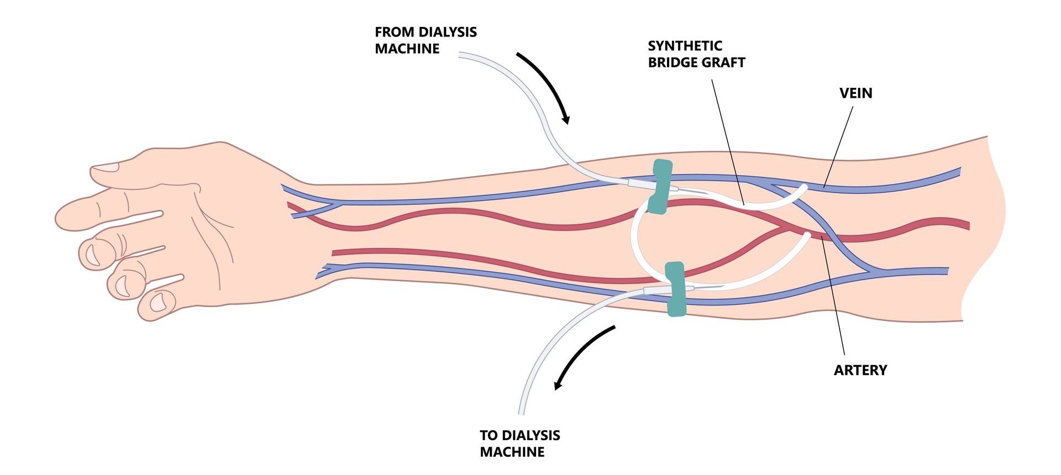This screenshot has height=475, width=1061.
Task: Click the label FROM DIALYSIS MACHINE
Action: tap(426, 40)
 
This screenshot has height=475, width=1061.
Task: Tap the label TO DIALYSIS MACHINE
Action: tap(519, 444)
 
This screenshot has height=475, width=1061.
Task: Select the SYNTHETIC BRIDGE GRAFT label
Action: tap(696, 54)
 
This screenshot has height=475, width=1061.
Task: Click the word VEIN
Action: tap(855, 93)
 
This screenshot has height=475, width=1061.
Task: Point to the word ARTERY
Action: tap(860, 370)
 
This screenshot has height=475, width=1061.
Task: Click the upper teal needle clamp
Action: tap(661, 187)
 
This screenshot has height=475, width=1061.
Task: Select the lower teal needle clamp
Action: tap(675, 289)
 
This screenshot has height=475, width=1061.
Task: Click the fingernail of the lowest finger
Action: tap(160, 302)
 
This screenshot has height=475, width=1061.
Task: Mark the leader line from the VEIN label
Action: tap(838, 146)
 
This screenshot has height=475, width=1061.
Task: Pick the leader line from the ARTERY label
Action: tap(833, 295)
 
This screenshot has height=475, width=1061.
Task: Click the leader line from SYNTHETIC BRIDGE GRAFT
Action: tap(728, 142)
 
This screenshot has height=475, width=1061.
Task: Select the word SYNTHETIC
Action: tap(685, 46)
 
